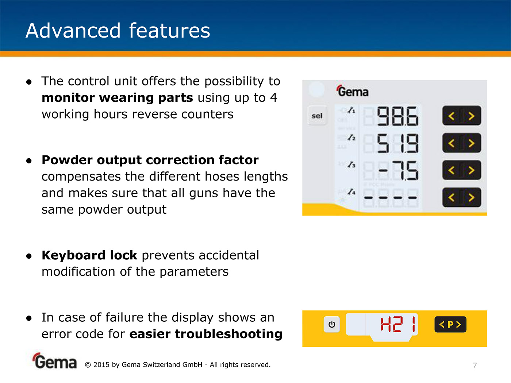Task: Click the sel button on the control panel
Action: [317, 116]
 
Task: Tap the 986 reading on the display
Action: [397, 116]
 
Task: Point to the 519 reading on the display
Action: [397, 143]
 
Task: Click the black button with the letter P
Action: [450, 324]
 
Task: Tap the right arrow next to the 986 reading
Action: [472, 116]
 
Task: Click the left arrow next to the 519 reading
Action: [452, 143]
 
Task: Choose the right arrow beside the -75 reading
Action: [472, 170]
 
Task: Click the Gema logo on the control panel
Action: [352, 91]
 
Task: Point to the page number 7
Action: [475, 365]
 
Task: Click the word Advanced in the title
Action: [73, 31]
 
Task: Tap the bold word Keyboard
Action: [89, 255]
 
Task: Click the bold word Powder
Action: [67, 160]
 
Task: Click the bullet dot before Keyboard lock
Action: [29, 256]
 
